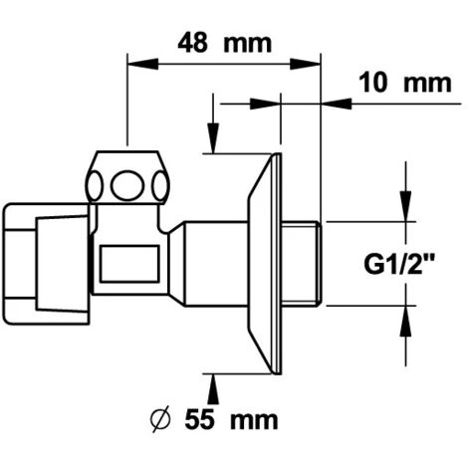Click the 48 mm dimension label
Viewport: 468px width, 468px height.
click(x=225, y=43)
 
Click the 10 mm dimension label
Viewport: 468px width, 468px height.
click(x=405, y=83)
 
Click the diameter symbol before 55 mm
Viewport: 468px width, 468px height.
click(x=160, y=419)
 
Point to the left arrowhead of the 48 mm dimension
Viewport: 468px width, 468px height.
click(x=142, y=64)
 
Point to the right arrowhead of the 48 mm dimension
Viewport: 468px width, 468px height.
click(x=305, y=64)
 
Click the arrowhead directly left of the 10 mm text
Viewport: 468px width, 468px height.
click(x=337, y=104)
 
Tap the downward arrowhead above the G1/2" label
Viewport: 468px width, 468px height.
click(x=405, y=206)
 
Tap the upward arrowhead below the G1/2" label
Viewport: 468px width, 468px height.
click(x=405, y=321)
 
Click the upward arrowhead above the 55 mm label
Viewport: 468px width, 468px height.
click(x=213, y=389)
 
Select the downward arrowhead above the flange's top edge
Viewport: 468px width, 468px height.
click(x=213, y=138)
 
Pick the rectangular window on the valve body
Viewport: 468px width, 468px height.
click(x=129, y=264)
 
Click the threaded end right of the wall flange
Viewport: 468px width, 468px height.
click(x=302, y=264)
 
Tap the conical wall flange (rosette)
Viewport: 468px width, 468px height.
click(x=265, y=264)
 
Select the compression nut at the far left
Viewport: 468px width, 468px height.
click(x=47, y=264)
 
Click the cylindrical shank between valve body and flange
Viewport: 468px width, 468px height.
click(x=216, y=264)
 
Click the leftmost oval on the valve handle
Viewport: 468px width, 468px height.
click(x=95, y=186)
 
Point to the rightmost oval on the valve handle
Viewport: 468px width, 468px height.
click(x=160, y=186)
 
